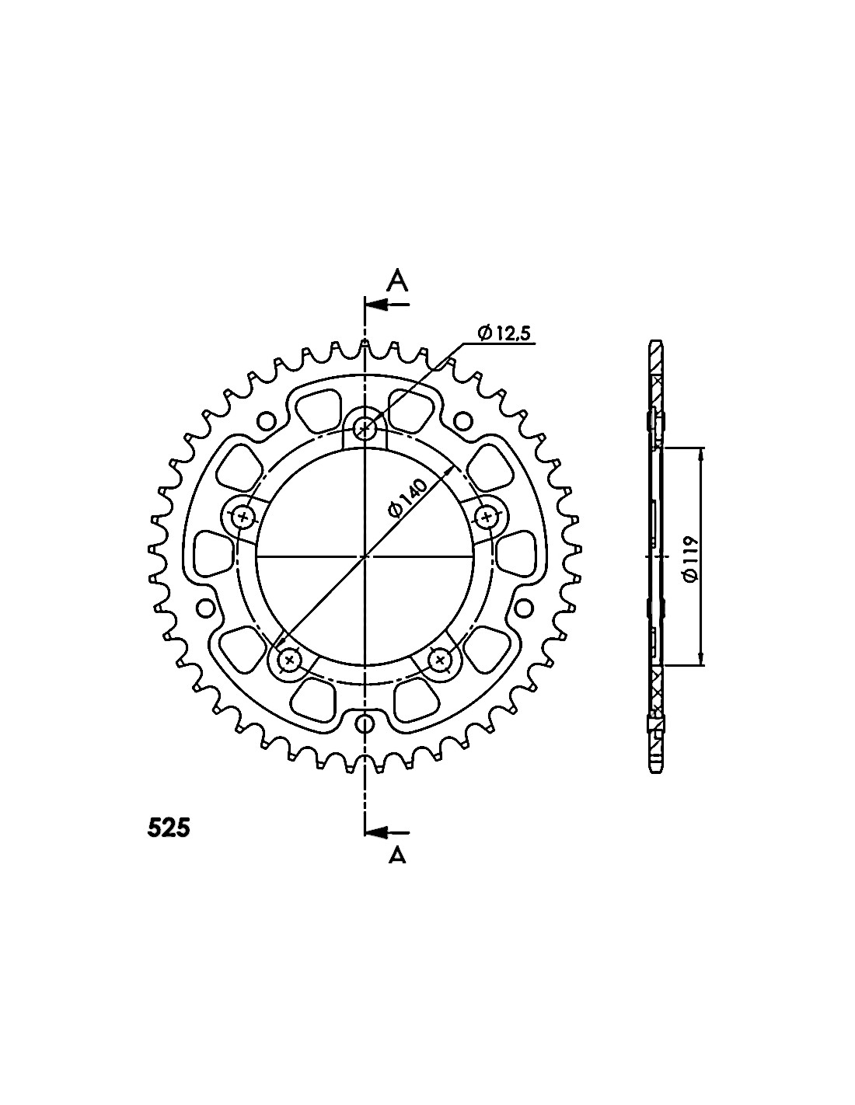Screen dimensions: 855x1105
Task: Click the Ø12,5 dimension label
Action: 504,333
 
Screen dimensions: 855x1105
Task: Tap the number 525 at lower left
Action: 169,829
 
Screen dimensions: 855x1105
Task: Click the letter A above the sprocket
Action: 398,281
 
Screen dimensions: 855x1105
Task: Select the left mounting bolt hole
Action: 243,518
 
